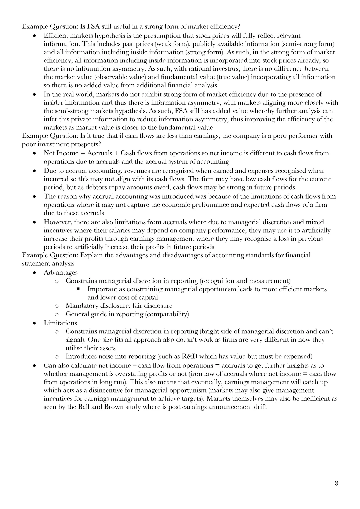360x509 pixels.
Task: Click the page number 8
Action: click(336, 483)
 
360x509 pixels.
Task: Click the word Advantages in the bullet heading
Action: click(60, 272)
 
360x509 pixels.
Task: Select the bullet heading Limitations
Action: click(60, 323)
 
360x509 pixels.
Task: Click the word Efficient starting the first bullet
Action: click(55, 35)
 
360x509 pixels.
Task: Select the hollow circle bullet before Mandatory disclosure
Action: click(57, 306)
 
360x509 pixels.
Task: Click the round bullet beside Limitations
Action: click(35, 323)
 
